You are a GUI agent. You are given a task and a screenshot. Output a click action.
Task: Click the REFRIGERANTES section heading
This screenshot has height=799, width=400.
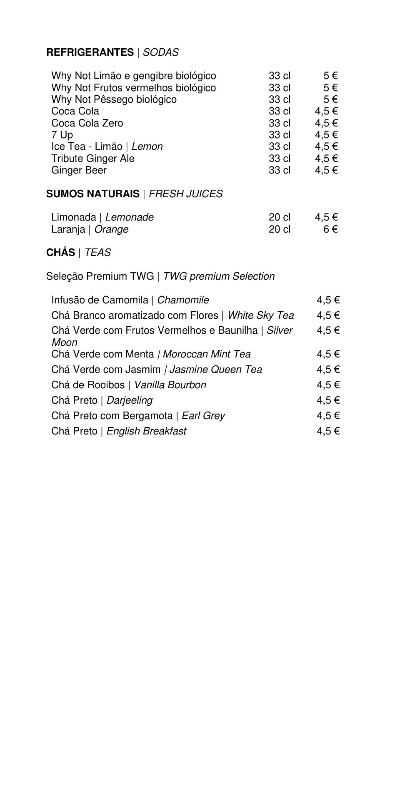tap(90, 52)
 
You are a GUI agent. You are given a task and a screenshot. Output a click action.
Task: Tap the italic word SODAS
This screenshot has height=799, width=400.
tap(160, 52)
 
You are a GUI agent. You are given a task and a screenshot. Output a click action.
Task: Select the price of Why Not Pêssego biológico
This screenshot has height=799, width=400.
tap(330, 99)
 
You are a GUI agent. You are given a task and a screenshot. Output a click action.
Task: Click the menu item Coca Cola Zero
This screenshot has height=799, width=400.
tap(87, 123)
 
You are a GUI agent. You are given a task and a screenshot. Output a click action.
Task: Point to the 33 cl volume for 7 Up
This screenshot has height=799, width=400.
tap(279, 135)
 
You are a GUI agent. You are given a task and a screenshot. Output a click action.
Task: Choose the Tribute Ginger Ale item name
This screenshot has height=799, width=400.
tap(93, 159)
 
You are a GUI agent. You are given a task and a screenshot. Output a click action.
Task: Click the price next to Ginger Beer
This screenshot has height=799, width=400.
tap(326, 170)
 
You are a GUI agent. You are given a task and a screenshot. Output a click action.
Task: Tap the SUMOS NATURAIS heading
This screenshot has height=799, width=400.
tap(92, 194)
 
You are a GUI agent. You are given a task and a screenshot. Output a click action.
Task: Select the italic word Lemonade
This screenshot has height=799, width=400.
tap(129, 217)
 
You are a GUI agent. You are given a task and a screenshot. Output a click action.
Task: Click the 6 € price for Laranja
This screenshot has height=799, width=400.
tap(330, 229)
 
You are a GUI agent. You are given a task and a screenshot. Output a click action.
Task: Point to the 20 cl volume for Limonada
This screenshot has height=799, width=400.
tap(279, 217)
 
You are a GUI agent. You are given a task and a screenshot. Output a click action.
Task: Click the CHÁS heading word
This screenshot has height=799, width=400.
tap(60, 253)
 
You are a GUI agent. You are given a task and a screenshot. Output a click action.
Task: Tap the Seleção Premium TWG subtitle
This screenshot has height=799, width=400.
tap(100, 276)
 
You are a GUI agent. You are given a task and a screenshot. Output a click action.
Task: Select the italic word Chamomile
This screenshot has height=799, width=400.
tap(183, 300)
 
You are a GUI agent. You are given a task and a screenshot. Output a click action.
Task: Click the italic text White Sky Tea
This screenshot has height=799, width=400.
tap(260, 315)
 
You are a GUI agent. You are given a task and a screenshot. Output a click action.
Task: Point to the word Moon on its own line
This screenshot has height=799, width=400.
tap(64, 342)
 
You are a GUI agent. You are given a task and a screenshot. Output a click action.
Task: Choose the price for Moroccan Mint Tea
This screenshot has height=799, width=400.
tap(328, 354)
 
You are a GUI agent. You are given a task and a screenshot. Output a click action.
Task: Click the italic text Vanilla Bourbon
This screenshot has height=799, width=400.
tap(170, 385)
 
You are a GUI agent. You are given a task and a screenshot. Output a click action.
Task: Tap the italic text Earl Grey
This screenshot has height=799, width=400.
tap(203, 416)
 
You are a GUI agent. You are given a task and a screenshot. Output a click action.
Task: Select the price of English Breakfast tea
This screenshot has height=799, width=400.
tap(328, 431)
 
